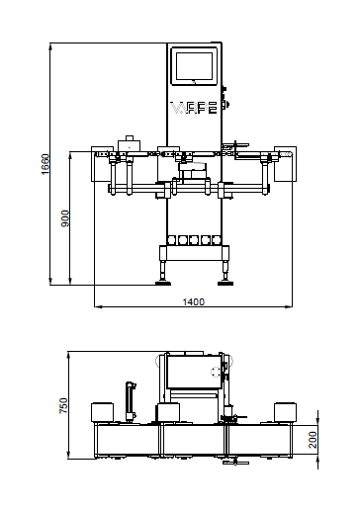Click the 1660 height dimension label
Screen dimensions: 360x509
(45, 164)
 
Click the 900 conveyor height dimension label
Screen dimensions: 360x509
(65, 218)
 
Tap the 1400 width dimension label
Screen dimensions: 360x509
(194, 301)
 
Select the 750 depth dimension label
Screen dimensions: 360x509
(63, 406)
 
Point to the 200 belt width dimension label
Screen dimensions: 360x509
(313, 440)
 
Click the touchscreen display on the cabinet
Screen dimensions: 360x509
(194, 66)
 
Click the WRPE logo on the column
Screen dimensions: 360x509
(194, 108)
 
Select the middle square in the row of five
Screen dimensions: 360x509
(194, 240)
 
